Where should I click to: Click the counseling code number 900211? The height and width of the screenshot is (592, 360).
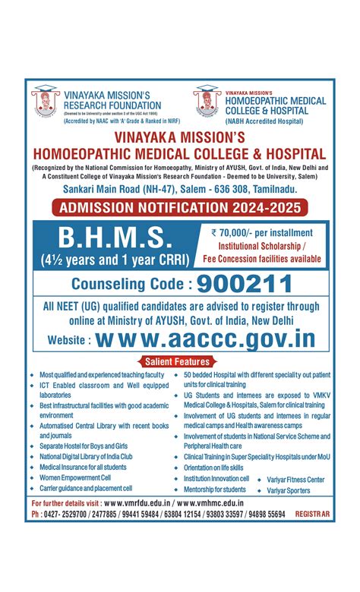(x=245, y=285)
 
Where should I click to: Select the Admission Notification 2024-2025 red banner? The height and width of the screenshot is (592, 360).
(x=180, y=206)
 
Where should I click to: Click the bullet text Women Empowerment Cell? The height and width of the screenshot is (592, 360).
(x=75, y=477)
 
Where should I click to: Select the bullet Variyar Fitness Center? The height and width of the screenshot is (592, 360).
(x=295, y=480)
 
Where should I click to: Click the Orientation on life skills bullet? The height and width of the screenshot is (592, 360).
(x=213, y=468)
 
